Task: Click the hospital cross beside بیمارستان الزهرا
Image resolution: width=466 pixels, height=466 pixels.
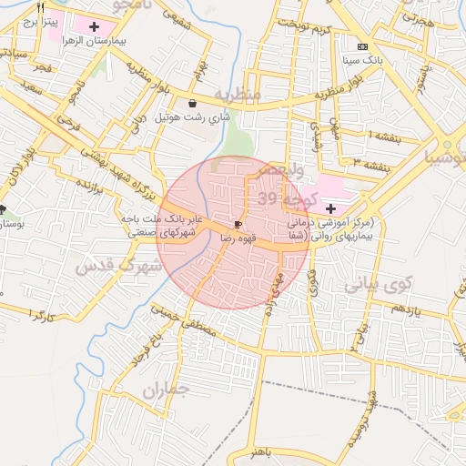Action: point(94,26)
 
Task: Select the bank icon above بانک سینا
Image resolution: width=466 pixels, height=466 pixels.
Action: point(363,46)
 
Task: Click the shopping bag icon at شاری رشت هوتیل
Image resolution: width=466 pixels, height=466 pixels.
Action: point(191,104)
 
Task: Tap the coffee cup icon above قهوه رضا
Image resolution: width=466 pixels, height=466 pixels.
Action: point(238,223)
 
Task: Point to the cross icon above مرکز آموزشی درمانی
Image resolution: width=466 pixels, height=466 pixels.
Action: point(329,208)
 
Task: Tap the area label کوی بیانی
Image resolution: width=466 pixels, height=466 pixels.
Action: point(378,283)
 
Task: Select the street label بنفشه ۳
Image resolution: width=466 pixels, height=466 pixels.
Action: point(374,167)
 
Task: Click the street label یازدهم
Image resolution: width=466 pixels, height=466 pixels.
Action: point(405,308)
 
